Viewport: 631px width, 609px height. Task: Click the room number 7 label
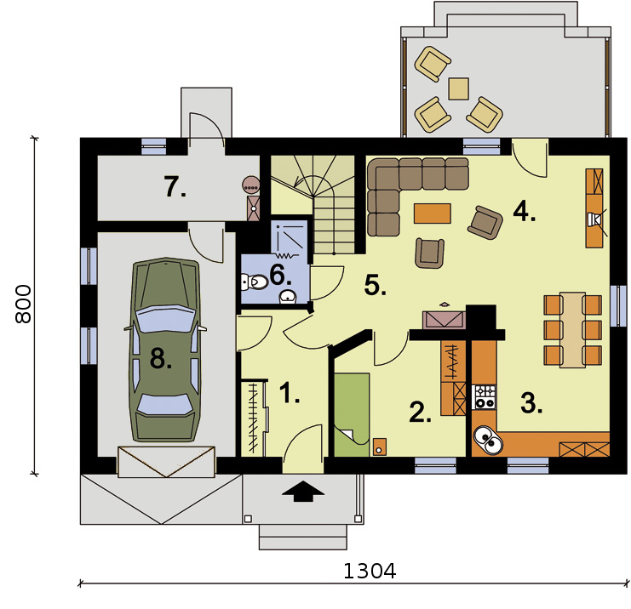pyautogui.click(x=175, y=187)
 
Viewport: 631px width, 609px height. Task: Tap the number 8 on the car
pyautogui.click(x=161, y=358)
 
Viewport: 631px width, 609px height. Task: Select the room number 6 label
pyautogui.click(x=280, y=276)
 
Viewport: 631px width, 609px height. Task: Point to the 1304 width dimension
pyautogui.click(x=370, y=571)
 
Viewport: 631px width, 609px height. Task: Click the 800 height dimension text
pyautogui.click(x=23, y=304)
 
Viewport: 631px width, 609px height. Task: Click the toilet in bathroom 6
pyautogui.click(x=255, y=282)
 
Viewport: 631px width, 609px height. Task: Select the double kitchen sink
pyautogui.click(x=487, y=440)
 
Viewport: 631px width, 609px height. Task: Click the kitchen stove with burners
pyautogui.click(x=485, y=397)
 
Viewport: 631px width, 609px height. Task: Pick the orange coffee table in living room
pyautogui.click(x=433, y=213)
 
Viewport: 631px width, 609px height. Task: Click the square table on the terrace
pyautogui.click(x=458, y=88)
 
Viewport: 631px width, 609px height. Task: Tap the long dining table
pyautogui.click(x=572, y=330)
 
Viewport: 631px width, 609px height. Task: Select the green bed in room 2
pyautogui.click(x=352, y=414)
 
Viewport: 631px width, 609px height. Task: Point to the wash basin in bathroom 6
pyautogui.click(x=288, y=296)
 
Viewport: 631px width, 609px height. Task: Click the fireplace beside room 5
pyautogui.click(x=444, y=320)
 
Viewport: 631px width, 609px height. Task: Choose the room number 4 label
pyautogui.click(x=524, y=212)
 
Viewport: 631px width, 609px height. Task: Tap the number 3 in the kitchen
pyautogui.click(x=531, y=403)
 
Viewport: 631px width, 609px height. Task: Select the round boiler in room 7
pyautogui.click(x=251, y=185)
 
